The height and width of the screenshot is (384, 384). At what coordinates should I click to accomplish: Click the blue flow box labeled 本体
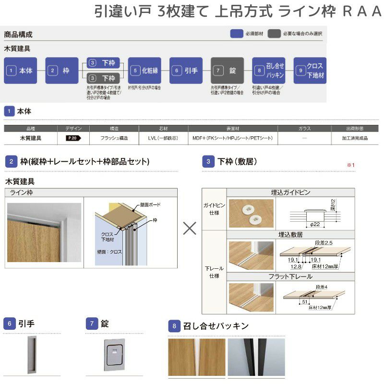click(x=21, y=71)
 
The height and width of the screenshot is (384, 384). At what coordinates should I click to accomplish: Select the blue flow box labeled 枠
click(x=61, y=71)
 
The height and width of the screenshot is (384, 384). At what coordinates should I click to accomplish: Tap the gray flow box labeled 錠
click(x=227, y=71)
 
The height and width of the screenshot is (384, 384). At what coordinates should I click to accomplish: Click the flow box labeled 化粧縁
click(x=144, y=71)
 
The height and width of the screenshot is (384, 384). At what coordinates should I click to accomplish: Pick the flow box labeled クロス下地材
click(x=310, y=71)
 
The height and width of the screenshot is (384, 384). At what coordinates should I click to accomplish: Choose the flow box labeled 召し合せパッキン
click(x=268, y=71)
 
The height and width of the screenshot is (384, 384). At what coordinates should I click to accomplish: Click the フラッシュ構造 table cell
click(x=114, y=138)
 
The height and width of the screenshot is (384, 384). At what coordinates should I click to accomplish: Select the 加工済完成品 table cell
click(x=355, y=138)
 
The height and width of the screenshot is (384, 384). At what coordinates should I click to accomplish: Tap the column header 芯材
click(x=163, y=129)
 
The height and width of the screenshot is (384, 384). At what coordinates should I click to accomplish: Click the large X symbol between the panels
click(x=190, y=228)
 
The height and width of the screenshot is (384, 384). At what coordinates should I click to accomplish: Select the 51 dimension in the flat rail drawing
click(x=304, y=302)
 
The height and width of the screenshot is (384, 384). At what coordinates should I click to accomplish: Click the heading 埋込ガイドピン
click(x=290, y=192)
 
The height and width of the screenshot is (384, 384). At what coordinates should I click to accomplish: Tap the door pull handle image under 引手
click(x=32, y=354)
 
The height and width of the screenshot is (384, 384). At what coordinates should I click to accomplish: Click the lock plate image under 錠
click(x=114, y=354)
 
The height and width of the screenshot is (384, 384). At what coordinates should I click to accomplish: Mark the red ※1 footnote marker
click(x=350, y=165)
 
